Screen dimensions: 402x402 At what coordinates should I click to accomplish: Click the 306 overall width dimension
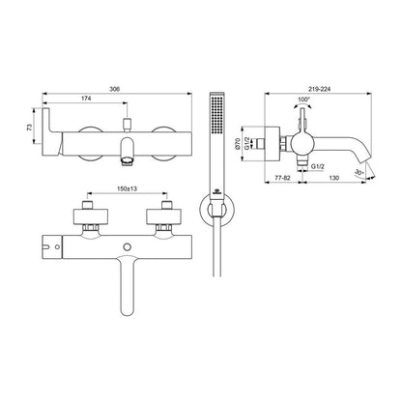coord(114,89)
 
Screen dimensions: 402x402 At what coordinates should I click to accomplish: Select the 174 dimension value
coord(86,99)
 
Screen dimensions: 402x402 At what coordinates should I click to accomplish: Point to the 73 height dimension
coord(30,128)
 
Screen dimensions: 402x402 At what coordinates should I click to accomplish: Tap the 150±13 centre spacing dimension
coord(127,189)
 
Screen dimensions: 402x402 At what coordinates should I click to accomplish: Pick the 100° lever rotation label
coord(303,100)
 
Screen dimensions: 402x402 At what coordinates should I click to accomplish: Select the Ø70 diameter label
coord(238,143)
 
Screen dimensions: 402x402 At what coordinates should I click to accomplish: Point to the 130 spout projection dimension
coord(334,178)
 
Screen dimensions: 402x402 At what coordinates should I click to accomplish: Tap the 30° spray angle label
coord(359,173)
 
